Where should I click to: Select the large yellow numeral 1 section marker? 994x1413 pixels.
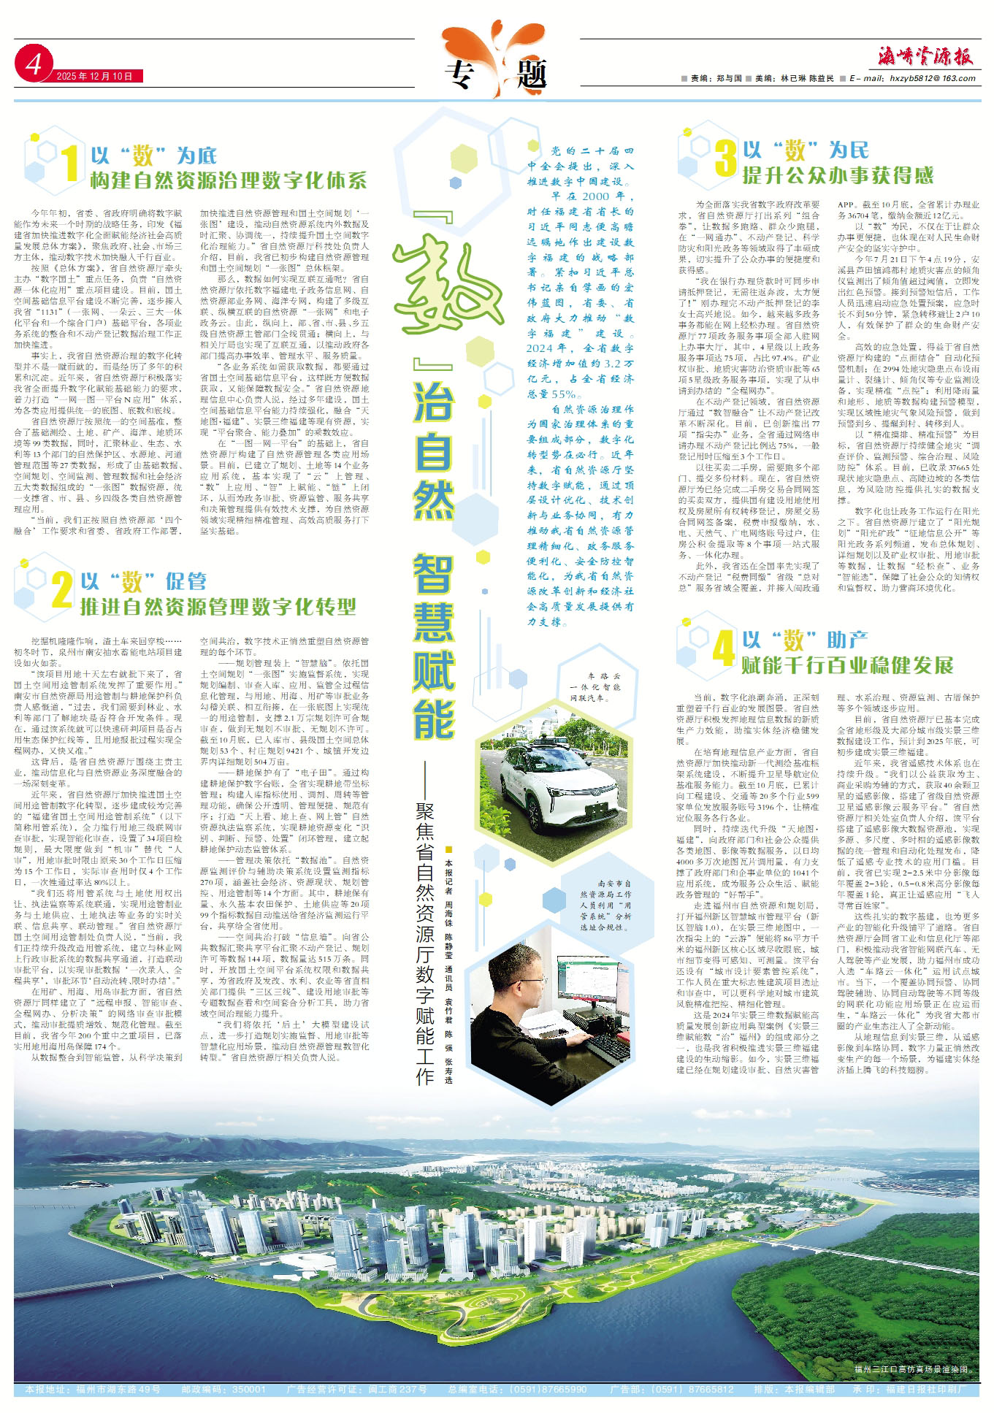pos(69,163)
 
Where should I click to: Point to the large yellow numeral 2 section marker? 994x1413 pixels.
pos(62,589)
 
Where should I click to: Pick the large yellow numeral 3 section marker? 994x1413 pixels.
pos(725,158)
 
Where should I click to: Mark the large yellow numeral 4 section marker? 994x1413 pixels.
pos(723,648)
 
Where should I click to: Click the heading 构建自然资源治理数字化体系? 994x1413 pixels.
pos(228,180)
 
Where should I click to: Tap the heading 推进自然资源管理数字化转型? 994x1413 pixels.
pos(218,606)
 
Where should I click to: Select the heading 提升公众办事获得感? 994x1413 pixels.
pos(838,175)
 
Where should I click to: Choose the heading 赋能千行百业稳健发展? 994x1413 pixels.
pos(847,665)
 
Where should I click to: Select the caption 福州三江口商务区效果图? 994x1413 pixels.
pos(912,1370)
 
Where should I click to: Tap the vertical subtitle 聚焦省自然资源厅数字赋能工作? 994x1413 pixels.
pos(425,942)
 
